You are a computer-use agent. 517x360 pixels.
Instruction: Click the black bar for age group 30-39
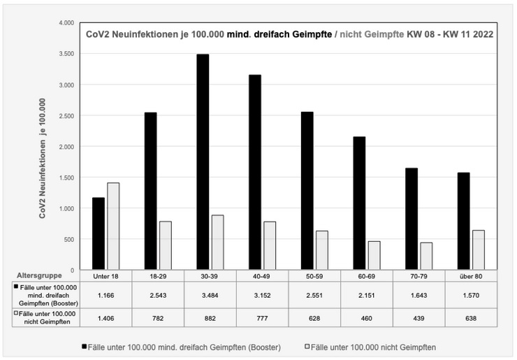[203, 161]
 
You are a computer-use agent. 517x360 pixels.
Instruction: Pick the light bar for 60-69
[374, 255]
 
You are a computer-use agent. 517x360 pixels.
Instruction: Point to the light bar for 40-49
[270, 245]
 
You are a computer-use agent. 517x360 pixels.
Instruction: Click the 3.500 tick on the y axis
[67, 54]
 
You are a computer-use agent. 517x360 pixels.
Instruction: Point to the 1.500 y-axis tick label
[67, 178]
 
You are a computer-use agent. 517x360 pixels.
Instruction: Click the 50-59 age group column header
[314, 276]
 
